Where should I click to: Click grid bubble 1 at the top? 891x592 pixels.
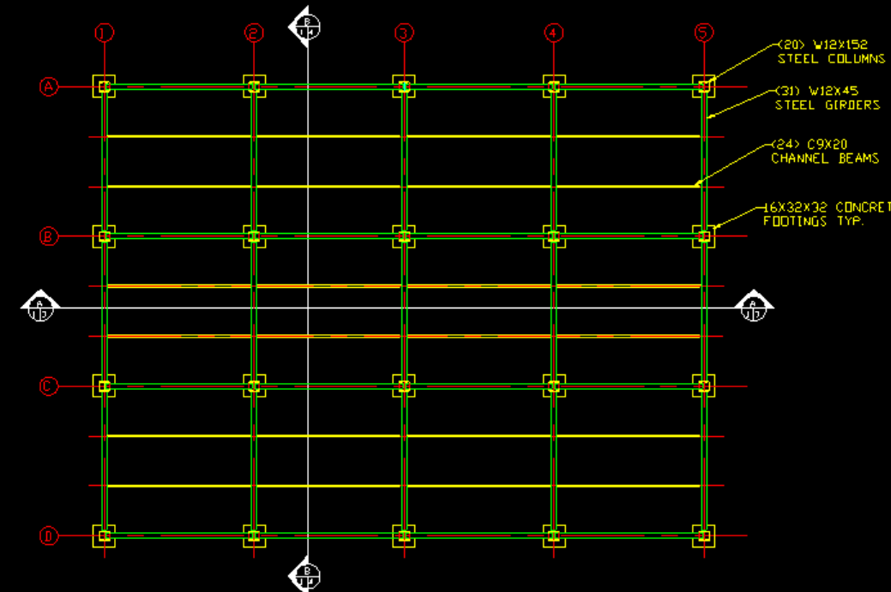(x=105, y=33)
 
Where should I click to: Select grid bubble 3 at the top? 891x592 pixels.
(x=404, y=33)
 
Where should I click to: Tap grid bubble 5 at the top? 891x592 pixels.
(x=704, y=33)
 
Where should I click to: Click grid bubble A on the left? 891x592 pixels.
(x=49, y=87)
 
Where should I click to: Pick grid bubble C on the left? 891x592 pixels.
(x=49, y=386)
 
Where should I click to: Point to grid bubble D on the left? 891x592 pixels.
(x=49, y=536)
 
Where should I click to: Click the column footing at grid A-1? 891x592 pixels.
(x=105, y=87)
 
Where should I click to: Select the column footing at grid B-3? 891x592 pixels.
(x=404, y=236)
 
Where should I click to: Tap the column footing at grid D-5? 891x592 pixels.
(x=704, y=536)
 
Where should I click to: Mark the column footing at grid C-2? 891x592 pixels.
(x=254, y=386)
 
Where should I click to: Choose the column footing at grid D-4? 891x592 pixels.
(x=554, y=536)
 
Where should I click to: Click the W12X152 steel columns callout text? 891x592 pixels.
(x=830, y=51)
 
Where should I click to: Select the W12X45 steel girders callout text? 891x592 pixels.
(x=827, y=98)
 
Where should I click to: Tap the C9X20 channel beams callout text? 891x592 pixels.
(x=824, y=152)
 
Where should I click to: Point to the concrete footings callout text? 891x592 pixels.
(x=826, y=214)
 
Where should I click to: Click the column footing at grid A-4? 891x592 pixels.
(x=554, y=87)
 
